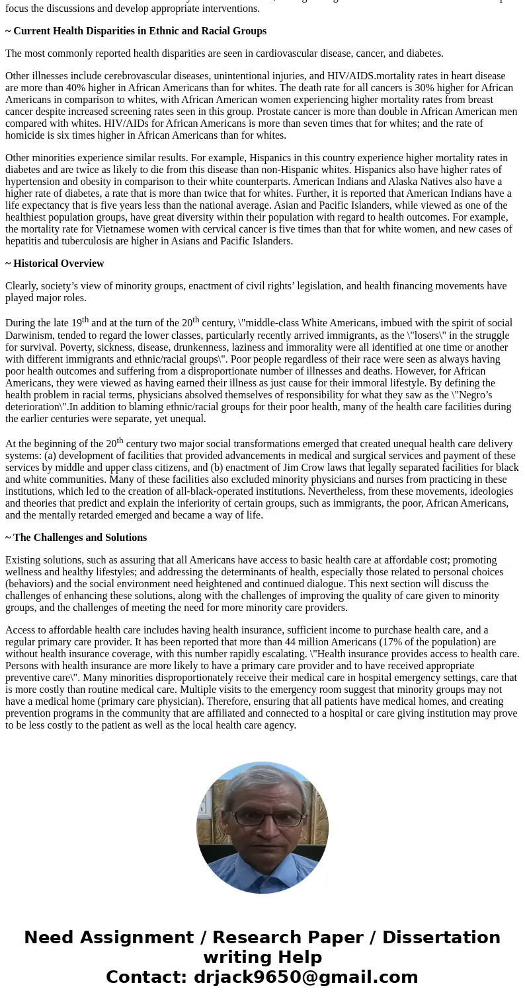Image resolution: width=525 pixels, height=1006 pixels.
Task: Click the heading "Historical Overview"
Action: tap(58, 264)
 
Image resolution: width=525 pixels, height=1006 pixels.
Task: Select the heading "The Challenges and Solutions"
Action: tap(79, 538)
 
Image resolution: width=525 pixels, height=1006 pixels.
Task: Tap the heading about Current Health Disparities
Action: tap(140, 31)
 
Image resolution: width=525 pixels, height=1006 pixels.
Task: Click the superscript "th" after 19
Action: tap(85, 320)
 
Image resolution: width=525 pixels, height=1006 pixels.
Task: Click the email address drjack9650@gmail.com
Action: tap(305, 978)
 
